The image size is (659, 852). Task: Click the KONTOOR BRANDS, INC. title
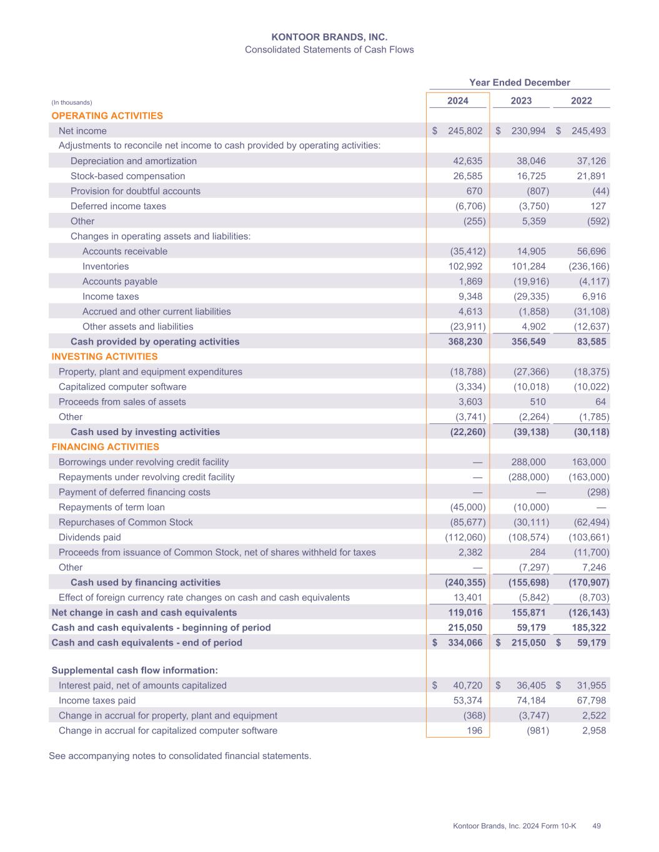click(329, 37)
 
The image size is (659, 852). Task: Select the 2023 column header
click(521, 100)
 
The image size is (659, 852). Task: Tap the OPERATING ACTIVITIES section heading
click(107, 115)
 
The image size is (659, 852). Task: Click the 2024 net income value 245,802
click(465, 131)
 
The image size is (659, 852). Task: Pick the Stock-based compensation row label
click(127, 176)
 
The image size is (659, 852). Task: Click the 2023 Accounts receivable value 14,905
click(531, 251)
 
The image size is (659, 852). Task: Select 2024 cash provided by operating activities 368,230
click(465, 341)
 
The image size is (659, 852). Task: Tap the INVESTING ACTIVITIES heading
click(104, 356)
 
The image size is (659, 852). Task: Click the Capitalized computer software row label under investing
click(122, 387)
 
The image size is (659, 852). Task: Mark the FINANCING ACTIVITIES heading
click(105, 447)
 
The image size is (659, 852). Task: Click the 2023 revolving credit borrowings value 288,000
click(528, 462)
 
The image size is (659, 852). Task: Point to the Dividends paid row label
click(89, 537)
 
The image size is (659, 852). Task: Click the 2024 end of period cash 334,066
click(465, 642)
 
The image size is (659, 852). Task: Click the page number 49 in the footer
click(597, 826)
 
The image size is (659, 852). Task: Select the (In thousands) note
click(71, 102)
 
